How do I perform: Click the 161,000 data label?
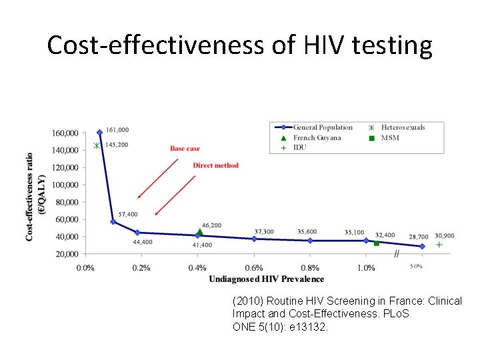[x=117, y=130]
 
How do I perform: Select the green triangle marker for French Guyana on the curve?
[x=199, y=232]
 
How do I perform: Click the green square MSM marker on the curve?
[x=376, y=243]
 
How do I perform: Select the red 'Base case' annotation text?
[x=185, y=149]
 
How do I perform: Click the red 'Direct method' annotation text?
[x=215, y=165]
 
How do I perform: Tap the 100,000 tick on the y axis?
[x=65, y=185]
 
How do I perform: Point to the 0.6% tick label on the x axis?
[x=254, y=268]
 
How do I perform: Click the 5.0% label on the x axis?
[x=415, y=267]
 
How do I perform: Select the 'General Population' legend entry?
[x=323, y=127]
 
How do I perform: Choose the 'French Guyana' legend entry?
[x=317, y=137]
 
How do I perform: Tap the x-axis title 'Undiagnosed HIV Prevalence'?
[x=266, y=279]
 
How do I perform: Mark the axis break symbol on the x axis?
[x=397, y=253]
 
